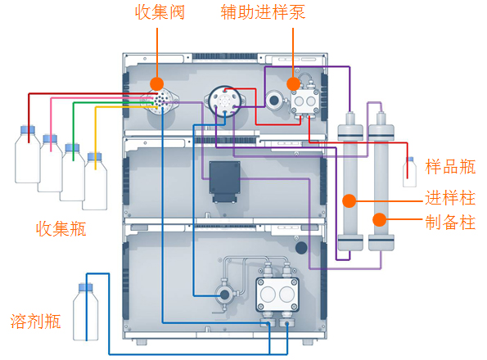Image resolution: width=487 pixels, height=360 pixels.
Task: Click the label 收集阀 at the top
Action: pyautogui.click(x=160, y=12)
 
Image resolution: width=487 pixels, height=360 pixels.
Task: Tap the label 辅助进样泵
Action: pyautogui.click(x=263, y=12)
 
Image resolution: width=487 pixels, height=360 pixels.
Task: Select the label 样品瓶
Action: pyautogui.click(x=450, y=167)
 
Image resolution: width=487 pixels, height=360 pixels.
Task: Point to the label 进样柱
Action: pyautogui.click(x=450, y=198)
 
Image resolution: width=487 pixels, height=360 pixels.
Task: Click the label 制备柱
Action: pyautogui.click(x=450, y=223)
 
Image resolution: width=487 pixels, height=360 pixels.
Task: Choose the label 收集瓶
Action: pyautogui.click(x=61, y=229)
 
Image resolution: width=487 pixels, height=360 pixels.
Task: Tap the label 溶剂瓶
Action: pyautogui.click(x=35, y=321)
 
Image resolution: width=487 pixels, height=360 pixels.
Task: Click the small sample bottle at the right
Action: pyautogui.click(x=410, y=172)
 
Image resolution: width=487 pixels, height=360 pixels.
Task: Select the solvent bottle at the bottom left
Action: pyautogui.click(x=86, y=312)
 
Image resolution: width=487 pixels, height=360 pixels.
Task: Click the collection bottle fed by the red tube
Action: pyautogui.click(x=28, y=155)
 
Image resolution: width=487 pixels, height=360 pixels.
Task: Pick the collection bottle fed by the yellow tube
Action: pyautogui.click(x=95, y=182)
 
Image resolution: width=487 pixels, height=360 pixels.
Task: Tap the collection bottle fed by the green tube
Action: pyautogui.click(x=72, y=173)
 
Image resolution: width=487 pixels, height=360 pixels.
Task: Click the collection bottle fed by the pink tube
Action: pyautogui.click(x=50, y=164)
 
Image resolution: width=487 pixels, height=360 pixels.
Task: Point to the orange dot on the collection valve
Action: pyautogui.click(x=157, y=83)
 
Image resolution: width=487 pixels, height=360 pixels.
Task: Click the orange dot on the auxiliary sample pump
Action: pyautogui.click(x=293, y=83)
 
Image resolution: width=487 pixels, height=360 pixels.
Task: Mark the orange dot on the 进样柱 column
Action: pyautogui.click(x=349, y=201)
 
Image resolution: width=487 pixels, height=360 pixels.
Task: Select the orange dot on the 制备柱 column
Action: pyautogui.click(x=380, y=220)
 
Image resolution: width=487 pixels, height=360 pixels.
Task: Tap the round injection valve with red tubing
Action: pyautogui.click(x=224, y=101)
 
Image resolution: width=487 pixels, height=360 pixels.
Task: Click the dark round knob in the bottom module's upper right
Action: pyautogui.click(x=301, y=248)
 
